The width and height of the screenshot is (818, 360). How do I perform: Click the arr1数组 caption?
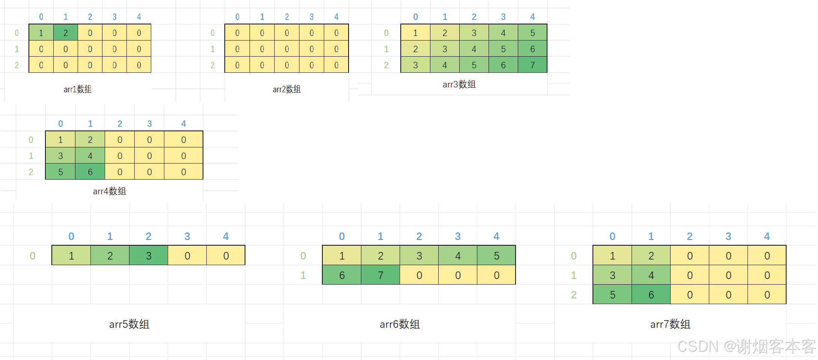point(78,89)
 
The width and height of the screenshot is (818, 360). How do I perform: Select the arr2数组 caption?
point(287,89)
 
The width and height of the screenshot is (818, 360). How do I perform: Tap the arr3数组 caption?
point(459,84)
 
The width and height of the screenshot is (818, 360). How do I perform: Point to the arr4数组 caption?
point(110,191)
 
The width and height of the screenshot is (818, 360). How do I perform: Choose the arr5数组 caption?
point(129,324)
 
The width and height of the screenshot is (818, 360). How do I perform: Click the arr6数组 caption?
point(400,324)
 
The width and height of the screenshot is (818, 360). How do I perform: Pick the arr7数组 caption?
point(671,324)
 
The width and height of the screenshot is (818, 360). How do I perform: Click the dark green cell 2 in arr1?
point(66,33)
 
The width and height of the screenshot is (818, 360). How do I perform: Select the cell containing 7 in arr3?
point(532,65)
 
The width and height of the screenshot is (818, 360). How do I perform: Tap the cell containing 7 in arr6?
point(380,275)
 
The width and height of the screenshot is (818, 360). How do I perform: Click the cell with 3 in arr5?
point(149,256)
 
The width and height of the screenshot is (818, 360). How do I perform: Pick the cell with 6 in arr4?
point(90,172)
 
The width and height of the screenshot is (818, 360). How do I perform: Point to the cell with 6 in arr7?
point(651,295)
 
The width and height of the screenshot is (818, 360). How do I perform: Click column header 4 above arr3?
point(532,17)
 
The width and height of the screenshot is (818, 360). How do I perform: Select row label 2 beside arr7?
point(574,295)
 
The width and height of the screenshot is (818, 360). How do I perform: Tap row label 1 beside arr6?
point(303,275)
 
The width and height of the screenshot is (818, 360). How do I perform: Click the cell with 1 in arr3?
point(415,33)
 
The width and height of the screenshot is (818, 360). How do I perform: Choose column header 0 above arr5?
point(71,236)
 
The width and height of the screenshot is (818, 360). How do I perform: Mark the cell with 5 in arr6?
point(496,256)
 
